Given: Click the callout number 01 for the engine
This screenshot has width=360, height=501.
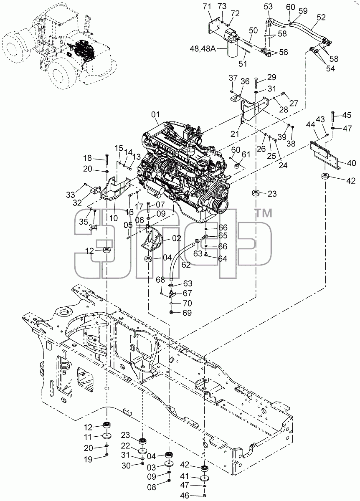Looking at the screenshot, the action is [155, 115].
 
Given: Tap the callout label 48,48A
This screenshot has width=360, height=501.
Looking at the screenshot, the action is [203, 48].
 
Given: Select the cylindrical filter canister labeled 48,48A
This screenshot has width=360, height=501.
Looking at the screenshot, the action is [233, 48].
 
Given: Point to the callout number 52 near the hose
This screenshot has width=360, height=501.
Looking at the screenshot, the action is [321, 18].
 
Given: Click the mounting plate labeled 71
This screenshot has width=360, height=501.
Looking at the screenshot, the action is [215, 26].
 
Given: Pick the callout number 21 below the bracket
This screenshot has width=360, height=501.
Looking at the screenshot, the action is [235, 134].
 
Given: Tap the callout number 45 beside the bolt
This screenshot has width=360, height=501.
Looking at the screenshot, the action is [347, 115].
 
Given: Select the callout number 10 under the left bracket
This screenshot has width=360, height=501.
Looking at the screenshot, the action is [114, 218].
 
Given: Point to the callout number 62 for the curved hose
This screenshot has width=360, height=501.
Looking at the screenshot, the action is [186, 265].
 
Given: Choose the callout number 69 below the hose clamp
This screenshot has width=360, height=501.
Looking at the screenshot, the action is [187, 313].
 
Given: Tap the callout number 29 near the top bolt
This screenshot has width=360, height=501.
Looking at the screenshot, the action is [271, 77].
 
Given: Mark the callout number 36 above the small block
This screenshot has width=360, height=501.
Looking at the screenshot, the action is [245, 81].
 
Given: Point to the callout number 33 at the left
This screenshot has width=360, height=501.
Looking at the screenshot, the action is [71, 195].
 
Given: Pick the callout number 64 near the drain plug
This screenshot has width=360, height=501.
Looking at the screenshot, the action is [222, 259].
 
